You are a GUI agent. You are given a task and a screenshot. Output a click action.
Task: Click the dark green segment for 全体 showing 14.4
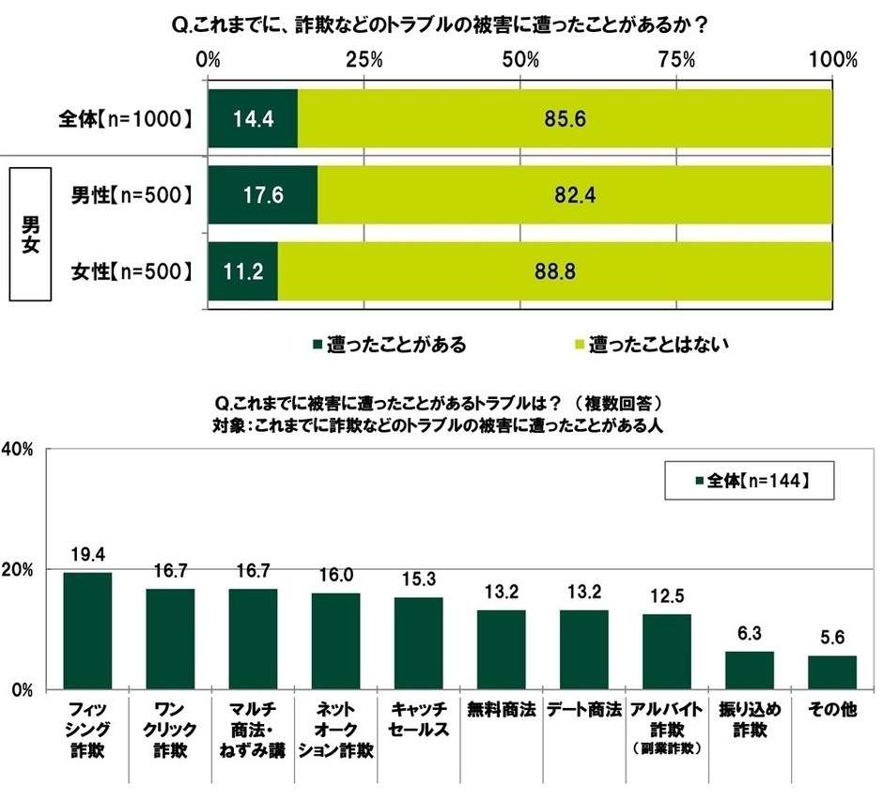[x=253, y=119]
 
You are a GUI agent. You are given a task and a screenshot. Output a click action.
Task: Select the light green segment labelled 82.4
[x=575, y=195]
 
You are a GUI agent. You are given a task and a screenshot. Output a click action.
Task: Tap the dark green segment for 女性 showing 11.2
[x=242, y=272]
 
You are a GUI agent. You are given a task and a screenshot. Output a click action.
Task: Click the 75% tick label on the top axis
[x=676, y=59]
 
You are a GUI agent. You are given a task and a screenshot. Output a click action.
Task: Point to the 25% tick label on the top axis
[x=364, y=59]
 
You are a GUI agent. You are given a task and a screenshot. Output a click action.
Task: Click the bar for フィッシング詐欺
[x=87, y=630]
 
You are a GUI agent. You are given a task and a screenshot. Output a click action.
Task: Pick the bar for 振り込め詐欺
[x=750, y=670]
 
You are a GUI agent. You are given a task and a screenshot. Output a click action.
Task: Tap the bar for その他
[x=832, y=672]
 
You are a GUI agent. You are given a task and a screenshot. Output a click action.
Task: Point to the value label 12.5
[x=667, y=596]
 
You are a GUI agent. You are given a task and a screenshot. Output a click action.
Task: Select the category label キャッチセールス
[x=418, y=721]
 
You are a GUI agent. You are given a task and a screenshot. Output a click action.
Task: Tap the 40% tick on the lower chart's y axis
[x=20, y=449]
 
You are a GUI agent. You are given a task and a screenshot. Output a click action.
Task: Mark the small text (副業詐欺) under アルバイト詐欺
[x=667, y=751]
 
